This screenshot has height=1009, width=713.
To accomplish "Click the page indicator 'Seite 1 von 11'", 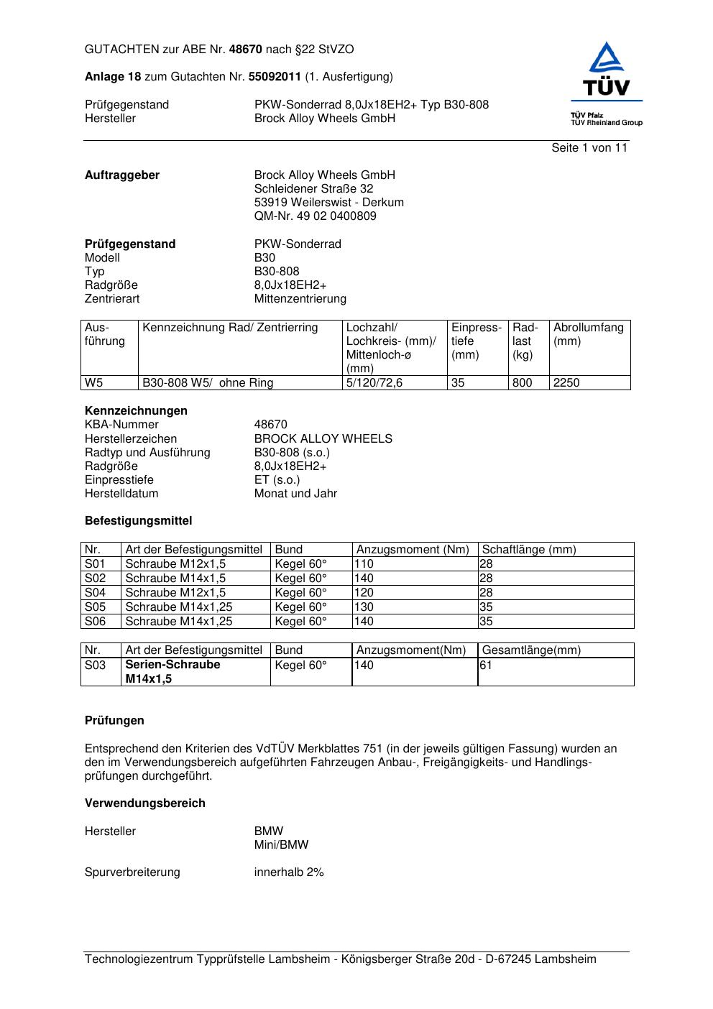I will [589, 148].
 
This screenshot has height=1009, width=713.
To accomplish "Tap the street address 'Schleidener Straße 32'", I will [313, 189].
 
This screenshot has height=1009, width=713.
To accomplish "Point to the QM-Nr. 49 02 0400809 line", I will [315, 216].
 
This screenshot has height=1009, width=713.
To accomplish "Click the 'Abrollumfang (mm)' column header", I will [588, 334].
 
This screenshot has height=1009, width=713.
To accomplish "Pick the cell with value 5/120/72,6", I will [374, 383].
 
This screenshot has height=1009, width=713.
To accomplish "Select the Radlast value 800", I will [522, 383].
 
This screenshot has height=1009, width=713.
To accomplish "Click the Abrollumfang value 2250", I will [566, 383].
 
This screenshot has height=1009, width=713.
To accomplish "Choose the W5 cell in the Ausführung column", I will [93, 383].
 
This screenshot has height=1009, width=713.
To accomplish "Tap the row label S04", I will [95, 593].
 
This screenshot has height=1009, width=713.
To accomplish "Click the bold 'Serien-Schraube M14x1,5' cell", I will [172, 672].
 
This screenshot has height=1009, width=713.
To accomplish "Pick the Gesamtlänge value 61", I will [486, 665].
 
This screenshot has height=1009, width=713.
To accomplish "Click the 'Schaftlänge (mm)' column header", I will [529, 550].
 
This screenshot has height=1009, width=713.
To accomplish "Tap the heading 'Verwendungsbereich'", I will [145, 803].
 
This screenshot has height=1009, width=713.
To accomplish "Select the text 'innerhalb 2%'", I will [289, 872].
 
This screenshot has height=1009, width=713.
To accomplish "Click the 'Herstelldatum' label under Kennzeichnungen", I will [121, 494].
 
